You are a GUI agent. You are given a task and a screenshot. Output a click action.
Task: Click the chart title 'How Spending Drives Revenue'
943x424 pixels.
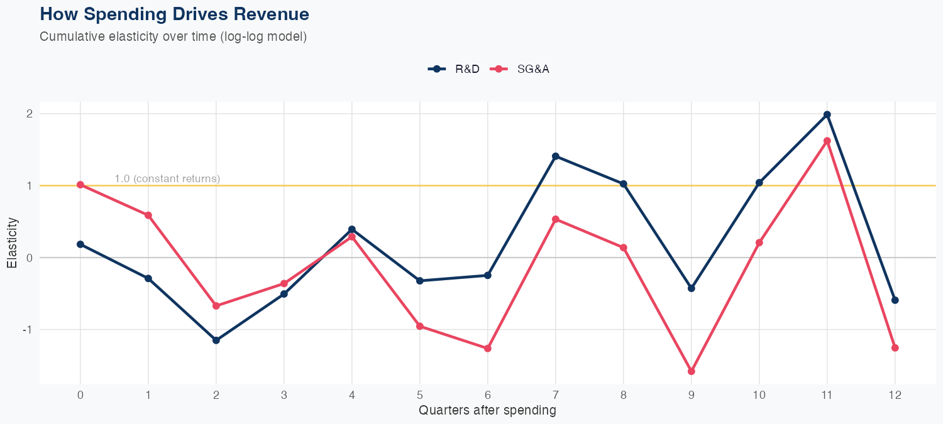(x=174, y=14)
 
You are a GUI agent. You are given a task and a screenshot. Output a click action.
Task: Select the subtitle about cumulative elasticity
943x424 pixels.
(x=173, y=36)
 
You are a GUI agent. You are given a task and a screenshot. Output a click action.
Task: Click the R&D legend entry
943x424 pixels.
(x=454, y=69)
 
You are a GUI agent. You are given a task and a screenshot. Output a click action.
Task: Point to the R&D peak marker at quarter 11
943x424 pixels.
(x=827, y=114)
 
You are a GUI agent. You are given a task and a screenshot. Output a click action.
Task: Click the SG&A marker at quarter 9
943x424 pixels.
(x=691, y=371)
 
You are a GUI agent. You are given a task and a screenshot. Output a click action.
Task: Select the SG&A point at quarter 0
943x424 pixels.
(x=80, y=185)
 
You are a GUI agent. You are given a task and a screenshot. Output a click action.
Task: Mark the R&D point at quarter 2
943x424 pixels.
(x=216, y=340)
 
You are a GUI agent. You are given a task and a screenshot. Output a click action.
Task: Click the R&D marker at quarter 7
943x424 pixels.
(x=555, y=156)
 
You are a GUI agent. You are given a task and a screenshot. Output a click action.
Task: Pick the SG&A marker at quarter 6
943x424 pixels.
(x=487, y=348)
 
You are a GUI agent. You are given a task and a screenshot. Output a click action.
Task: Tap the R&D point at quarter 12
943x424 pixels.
(x=895, y=300)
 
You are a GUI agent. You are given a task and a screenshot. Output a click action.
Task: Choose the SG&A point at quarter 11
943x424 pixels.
(x=827, y=141)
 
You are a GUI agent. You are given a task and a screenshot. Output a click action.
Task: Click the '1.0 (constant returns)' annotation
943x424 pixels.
(x=167, y=178)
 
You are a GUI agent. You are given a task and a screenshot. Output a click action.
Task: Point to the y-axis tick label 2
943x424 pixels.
(x=29, y=114)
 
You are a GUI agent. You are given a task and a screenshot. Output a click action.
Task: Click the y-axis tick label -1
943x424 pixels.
(x=27, y=329)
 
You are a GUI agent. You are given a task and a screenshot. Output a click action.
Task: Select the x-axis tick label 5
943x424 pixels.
(x=419, y=395)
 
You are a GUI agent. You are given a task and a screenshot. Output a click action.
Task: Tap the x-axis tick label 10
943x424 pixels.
(x=759, y=395)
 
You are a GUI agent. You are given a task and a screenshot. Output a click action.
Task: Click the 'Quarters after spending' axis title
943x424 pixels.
(x=487, y=411)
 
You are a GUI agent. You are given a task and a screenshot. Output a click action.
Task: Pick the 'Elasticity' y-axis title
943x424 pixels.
(x=12, y=242)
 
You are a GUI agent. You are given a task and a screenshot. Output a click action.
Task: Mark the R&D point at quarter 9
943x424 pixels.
(x=691, y=288)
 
